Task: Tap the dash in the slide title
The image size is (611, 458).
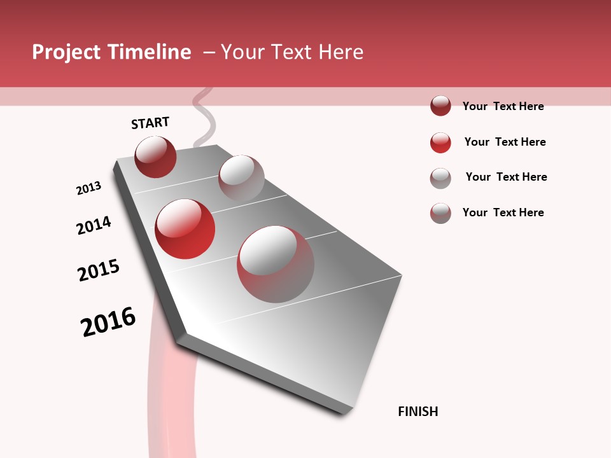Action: point(209,52)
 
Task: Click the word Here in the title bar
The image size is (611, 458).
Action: point(341,52)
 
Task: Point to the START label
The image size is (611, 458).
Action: point(150,123)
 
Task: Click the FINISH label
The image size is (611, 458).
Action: point(418,412)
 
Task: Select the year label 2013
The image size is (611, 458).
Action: point(88,188)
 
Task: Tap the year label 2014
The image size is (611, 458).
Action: point(94,225)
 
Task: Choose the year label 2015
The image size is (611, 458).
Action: point(99,270)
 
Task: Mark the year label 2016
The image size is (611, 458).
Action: point(108,322)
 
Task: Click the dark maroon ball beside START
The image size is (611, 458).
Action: point(155,156)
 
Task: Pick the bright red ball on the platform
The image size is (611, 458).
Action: point(185,229)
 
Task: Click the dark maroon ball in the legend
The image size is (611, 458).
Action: point(440,106)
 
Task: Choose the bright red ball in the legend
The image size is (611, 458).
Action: point(440,142)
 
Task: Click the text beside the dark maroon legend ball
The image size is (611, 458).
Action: point(503,106)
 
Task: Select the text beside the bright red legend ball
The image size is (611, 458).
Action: point(505,142)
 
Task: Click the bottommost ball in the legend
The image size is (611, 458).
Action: point(440,213)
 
